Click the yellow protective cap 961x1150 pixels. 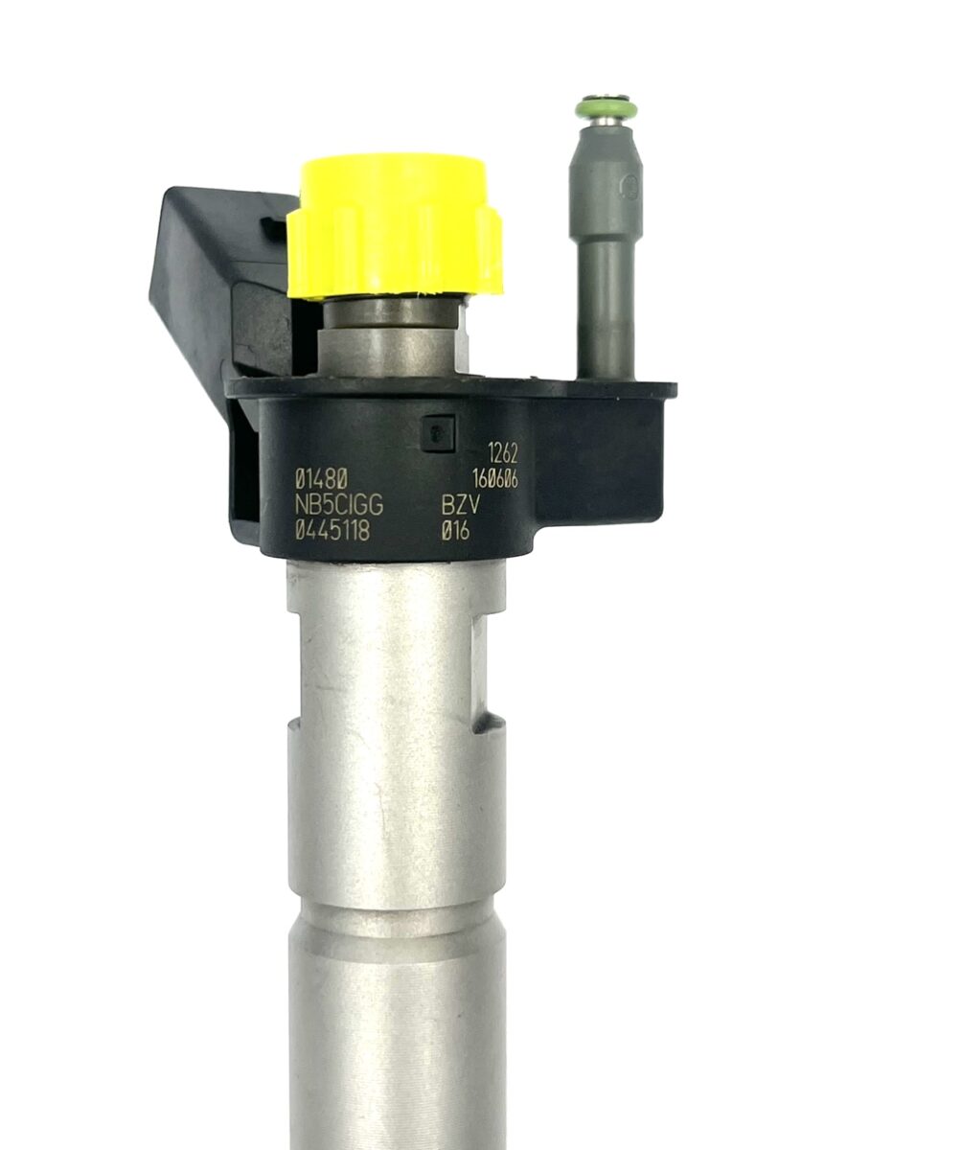click(x=395, y=226)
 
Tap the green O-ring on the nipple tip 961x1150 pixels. click(x=606, y=108)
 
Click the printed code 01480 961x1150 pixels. click(x=322, y=480)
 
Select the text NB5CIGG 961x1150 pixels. click(x=338, y=506)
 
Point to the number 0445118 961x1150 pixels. click(x=332, y=531)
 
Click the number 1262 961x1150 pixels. click(x=503, y=454)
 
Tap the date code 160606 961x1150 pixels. click(x=495, y=480)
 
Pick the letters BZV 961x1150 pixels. click(x=461, y=506)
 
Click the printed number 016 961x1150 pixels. click(x=455, y=531)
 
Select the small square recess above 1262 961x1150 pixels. click(x=437, y=433)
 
